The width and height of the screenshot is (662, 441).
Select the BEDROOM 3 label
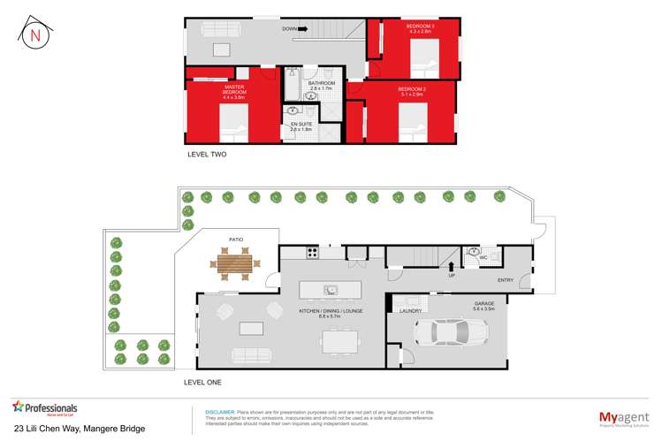[419, 29]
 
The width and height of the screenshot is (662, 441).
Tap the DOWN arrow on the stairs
[302, 29]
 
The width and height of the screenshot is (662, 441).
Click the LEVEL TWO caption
[208, 155]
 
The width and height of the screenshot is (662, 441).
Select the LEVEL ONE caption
[203, 382]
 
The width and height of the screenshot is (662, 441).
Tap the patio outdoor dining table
[235, 262]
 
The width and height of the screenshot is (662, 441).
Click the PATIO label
[236, 239]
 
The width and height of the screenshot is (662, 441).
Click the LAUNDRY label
[409, 311]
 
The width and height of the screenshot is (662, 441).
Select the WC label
[484, 257]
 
